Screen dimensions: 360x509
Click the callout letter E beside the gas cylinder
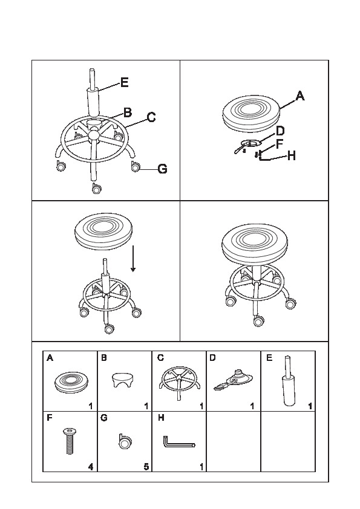tap(125, 82)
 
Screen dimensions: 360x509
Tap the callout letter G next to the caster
tap(162, 169)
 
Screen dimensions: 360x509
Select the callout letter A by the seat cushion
tap(300, 96)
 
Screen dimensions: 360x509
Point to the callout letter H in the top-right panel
tap(292, 156)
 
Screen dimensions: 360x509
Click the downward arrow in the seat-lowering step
tap(133, 258)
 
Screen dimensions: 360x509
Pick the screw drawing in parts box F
tap(70, 441)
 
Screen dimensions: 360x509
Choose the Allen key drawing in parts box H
tap(179, 442)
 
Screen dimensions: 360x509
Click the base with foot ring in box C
tap(179, 383)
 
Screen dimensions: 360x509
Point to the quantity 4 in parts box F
tap(91, 467)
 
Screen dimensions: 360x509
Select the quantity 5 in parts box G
tap(146, 467)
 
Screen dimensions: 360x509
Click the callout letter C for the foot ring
tap(151, 117)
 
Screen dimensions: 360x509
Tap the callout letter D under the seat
tap(280, 131)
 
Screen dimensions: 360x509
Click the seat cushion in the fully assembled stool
tap(255, 243)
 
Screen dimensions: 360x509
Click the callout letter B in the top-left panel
tap(128, 112)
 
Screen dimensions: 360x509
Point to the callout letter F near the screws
tap(280, 143)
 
